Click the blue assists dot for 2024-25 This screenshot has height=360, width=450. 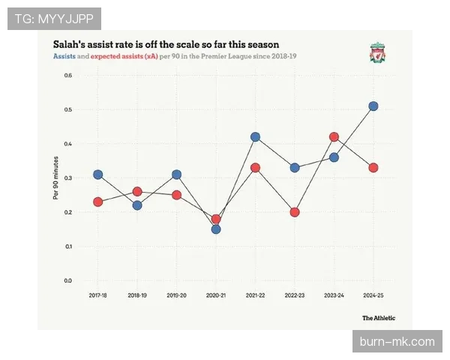click(373, 106)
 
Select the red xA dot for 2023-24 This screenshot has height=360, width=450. click(334, 137)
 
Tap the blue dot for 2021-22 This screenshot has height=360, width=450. click(255, 137)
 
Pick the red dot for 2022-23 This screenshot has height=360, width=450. click(295, 212)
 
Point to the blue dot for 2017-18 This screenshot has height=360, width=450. click(97, 175)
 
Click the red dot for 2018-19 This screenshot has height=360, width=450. click(137, 192)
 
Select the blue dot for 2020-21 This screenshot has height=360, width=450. click(216, 229)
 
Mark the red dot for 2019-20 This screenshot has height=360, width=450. click(176, 195)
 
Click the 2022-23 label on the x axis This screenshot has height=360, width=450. click(295, 296)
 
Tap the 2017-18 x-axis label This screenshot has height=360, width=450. click(97, 296)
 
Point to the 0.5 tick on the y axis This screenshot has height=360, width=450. click(67, 109)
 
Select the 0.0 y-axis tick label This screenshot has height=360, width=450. click(67, 280)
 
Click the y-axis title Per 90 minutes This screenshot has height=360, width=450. click(55, 178)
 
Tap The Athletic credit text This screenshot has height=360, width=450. click(379, 318)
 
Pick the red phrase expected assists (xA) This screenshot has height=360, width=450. click(124, 57)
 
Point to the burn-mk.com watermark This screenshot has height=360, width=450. click(397, 342)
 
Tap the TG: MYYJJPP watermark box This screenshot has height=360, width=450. click(53, 18)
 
